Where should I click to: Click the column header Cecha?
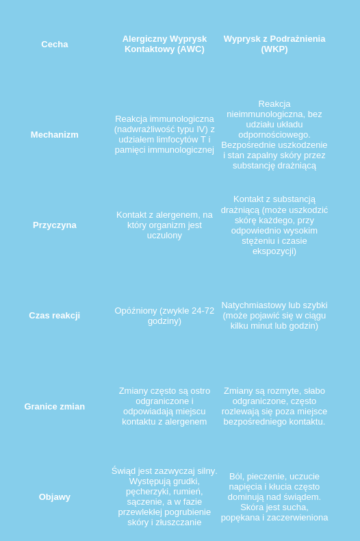point(55,45)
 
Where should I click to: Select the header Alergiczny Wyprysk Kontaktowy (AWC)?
point(164,44)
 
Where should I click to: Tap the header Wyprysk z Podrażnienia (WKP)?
point(274,44)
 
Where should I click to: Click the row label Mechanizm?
point(55,135)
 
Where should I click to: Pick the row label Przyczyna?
point(55,225)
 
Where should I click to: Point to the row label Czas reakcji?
point(55,316)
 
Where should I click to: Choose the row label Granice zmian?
point(55,407)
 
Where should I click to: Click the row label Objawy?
point(55,497)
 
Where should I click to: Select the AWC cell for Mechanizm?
point(164,134)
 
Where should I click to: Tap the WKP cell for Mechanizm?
point(274,135)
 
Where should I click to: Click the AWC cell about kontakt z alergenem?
point(164,225)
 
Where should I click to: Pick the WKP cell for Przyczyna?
point(274,225)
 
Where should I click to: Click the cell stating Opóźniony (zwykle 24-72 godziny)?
point(164,316)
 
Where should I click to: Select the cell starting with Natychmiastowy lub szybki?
point(274,316)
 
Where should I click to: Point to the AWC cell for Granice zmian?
point(164,406)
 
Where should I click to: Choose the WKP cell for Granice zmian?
point(274,406)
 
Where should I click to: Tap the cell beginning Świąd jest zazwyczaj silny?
point(164,496)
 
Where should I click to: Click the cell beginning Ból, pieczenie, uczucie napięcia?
point(274,497)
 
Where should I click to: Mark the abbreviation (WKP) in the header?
point(274,49)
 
